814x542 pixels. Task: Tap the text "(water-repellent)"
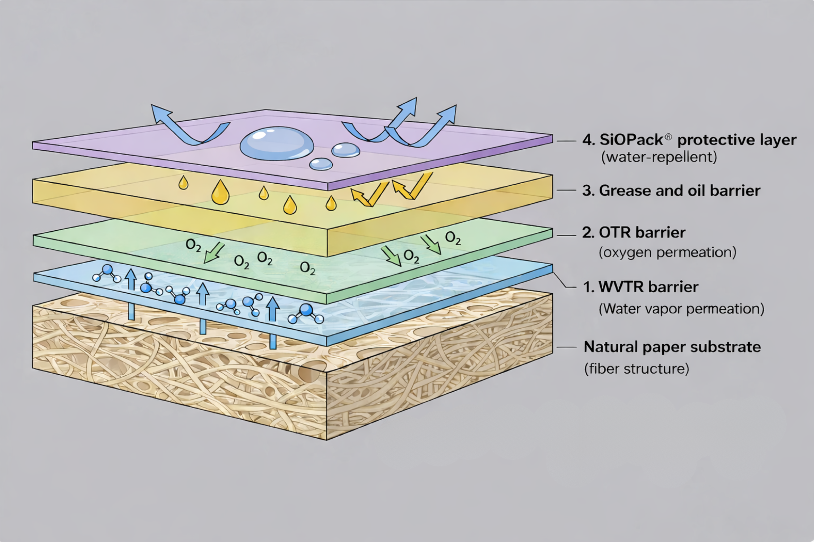[x=659, y=157]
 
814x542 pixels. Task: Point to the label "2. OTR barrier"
[x=633, y=233]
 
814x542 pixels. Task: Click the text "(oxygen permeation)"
[x=667, y=252]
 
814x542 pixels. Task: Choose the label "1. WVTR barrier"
[x=641, y=287]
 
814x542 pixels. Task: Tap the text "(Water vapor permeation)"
[x=681, y=309]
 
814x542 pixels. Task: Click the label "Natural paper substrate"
[x=672, y=347]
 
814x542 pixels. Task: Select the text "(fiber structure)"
[x=637, y=369]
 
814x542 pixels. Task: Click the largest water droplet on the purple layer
[x=276, y=143]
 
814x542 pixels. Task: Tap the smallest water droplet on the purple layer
[x=321, y=164]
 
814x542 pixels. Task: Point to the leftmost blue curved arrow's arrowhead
[x=159, y=112]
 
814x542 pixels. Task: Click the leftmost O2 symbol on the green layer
[x=193, y=245]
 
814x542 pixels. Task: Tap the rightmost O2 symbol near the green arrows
[x=453, y=238]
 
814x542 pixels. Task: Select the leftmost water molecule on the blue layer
[x=106, y=273]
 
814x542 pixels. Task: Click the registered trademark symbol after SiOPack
[x=668, y=137]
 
